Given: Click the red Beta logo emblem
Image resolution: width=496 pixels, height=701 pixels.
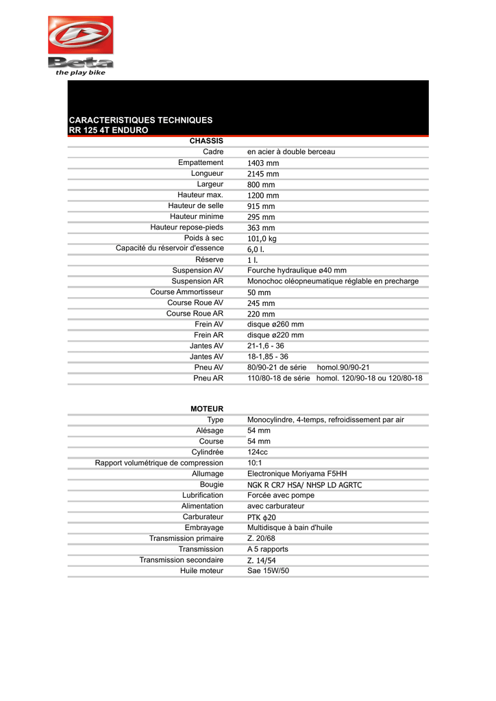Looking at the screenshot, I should [x=80, y=36].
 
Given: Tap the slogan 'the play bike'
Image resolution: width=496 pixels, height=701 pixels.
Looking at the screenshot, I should [x=81, y=73].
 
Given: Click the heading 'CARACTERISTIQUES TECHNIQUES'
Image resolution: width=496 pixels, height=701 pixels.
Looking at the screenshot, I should [x=140, y=120].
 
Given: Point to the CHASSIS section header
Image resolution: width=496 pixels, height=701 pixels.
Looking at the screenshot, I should [x=206, y=141].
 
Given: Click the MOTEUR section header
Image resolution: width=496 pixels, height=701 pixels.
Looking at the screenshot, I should [x=207, y=409].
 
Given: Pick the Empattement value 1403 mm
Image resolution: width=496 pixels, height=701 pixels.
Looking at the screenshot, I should [x=263, y=163].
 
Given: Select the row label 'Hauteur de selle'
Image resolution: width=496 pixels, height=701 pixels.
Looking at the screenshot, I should [x=195, y=206].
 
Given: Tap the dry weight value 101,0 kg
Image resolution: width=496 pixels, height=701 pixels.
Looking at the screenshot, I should [x=262, y=239].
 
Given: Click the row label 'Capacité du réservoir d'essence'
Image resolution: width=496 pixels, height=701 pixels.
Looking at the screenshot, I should [x=169, y=249].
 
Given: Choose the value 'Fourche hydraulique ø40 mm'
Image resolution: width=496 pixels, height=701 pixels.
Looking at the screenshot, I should [x=297, y=270].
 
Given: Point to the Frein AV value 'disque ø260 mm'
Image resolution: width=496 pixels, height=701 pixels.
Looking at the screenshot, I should [x=275, y=324].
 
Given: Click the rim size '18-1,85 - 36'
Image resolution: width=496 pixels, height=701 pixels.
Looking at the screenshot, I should [x=267, y=357].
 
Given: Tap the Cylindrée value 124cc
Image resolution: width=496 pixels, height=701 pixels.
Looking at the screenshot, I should [x=258, y=453].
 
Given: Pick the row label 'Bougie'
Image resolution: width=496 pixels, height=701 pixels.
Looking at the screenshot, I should [x=211, y=484].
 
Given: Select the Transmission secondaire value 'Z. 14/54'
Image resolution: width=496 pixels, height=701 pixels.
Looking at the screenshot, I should [x=262, y=560].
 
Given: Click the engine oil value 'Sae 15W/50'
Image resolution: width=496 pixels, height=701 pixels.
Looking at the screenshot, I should [x=268, y=570].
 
